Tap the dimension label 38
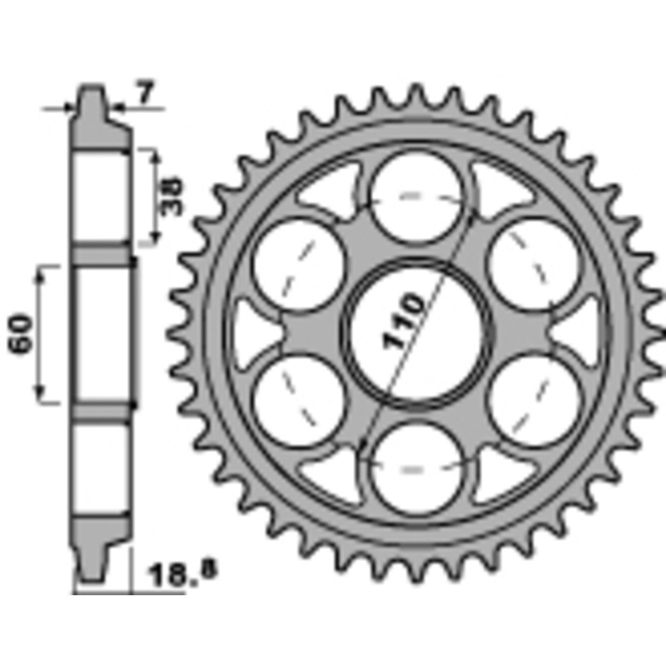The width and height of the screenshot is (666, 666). pyautogui.click(x=171, y=196)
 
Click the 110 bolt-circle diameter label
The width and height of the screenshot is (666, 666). pyautogui.click(x=404, y=321)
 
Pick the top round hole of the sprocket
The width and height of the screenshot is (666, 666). pyautogui.click(x=416, y=196)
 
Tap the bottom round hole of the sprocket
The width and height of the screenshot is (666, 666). pyautogui.click(x=416, y=470)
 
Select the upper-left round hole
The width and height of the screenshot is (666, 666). pyautogui.click(x=299, y=265)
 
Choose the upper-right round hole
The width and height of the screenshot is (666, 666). pyautogui.click(x=534, y=265)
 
